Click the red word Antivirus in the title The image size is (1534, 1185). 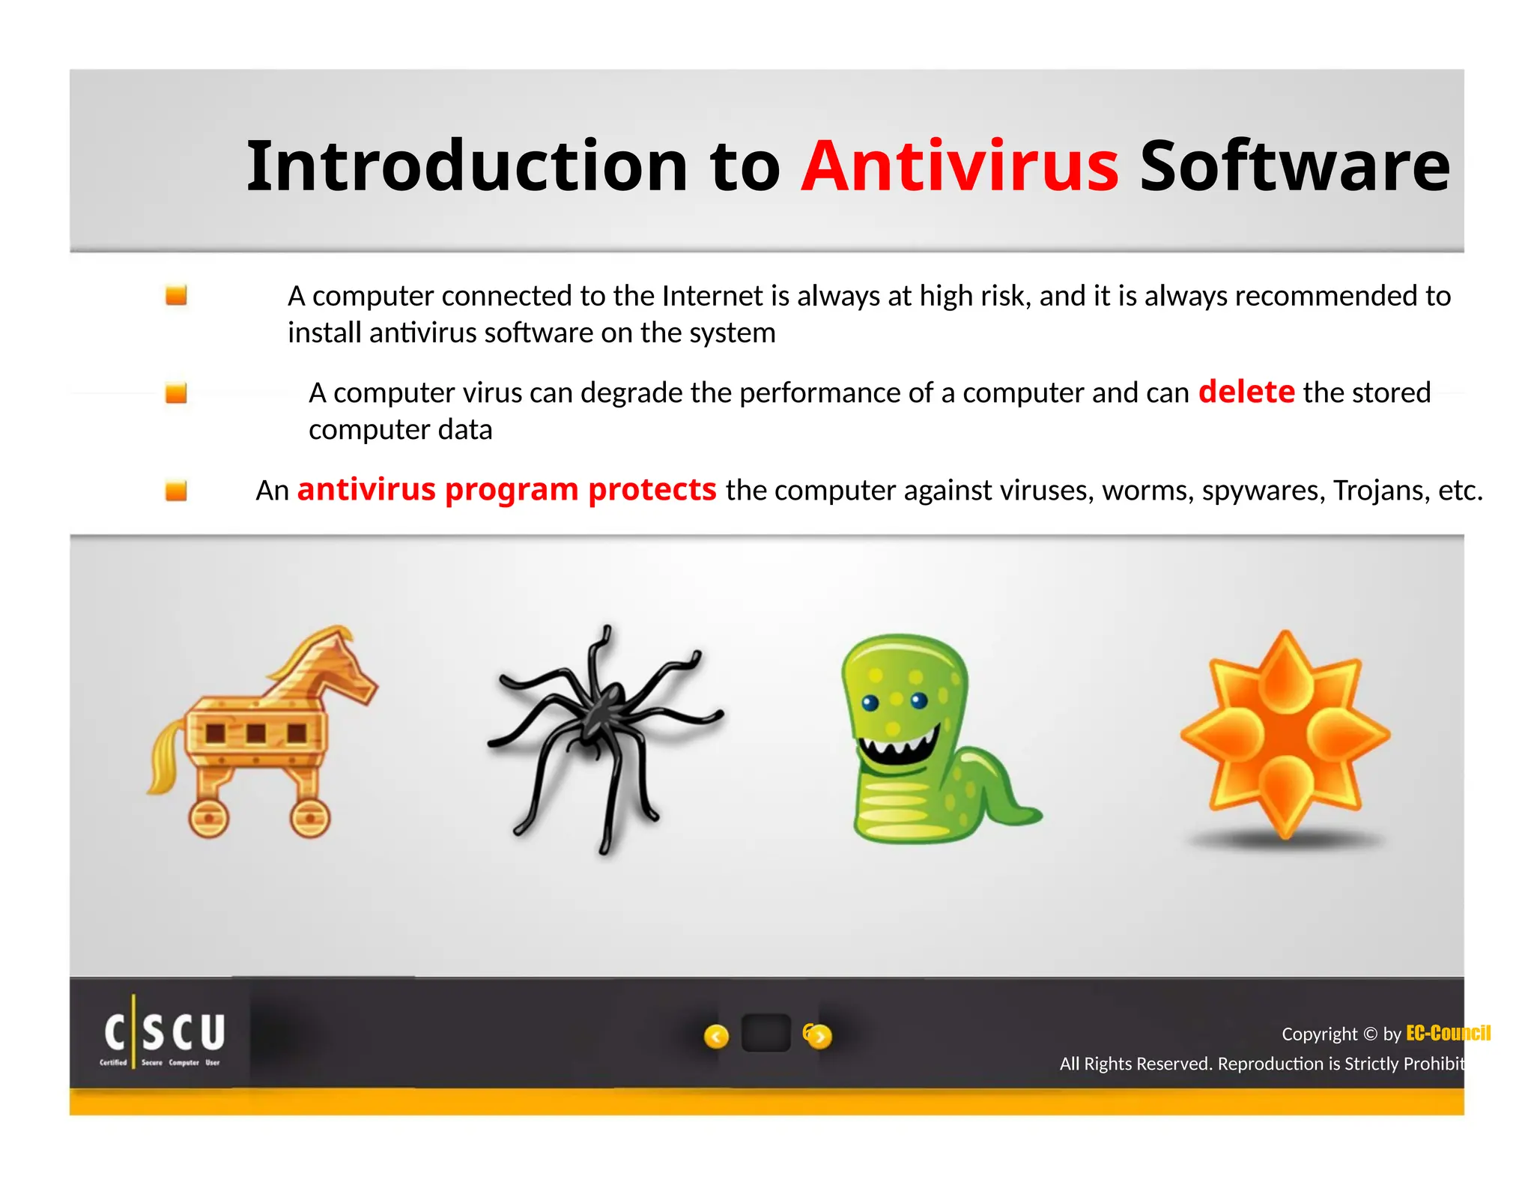[959, 166]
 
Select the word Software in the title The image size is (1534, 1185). [1294, 166]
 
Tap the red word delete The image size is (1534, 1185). [1246, 392]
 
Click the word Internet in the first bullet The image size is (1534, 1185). [715, 297]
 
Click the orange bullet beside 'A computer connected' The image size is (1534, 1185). [176, 295]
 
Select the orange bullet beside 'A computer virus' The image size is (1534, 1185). [176, 393]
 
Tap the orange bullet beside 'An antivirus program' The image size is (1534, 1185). [176, 491]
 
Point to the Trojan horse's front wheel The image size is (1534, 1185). [309, 818]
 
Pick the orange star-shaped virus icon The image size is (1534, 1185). [1285, 734]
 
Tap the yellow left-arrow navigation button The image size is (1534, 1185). [716, 1036]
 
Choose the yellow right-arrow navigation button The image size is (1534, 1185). [819, 1036]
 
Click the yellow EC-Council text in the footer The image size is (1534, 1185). [1447, 1034]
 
